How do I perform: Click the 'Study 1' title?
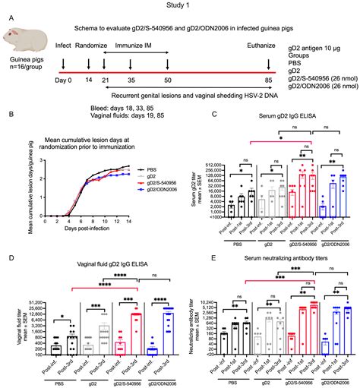tap(179, 7)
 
